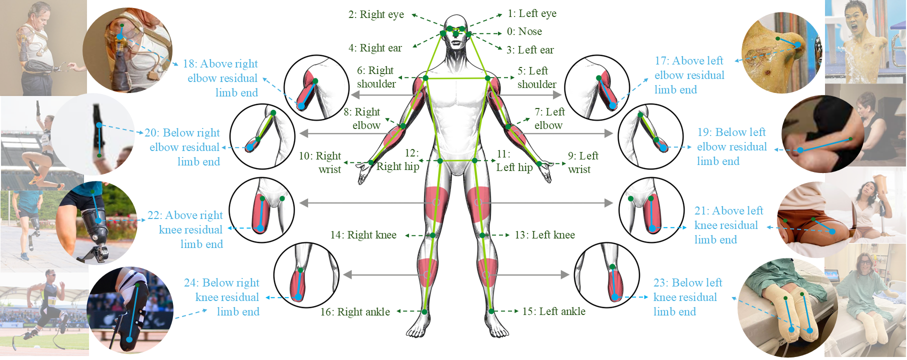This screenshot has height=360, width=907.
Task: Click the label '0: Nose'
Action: (x=524, y=31)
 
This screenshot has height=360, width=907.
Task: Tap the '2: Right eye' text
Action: (x=376, y=14)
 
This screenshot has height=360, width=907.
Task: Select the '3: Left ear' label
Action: (x=530, y=50)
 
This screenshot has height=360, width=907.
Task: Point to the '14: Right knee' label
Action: (x=363, y=235)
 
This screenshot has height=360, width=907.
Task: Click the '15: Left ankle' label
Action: (x=553, y=311)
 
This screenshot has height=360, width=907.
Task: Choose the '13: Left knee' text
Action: (x=544, y=235)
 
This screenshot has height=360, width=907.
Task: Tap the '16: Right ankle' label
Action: (x=355, y=312)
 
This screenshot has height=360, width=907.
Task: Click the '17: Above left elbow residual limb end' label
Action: (x=689, y=75)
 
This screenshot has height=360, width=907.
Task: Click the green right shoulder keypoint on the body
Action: (x=425, y=78)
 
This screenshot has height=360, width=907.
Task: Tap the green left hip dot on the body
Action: (x=474, y=160)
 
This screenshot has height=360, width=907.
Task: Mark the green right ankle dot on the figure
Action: (x=424, y=312)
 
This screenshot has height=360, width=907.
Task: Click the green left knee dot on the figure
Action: (x=482, y=235)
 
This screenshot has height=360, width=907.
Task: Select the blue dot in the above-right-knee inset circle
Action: (x=260, y=229)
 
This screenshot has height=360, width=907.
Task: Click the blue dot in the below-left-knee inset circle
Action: (x=615, y=297)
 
